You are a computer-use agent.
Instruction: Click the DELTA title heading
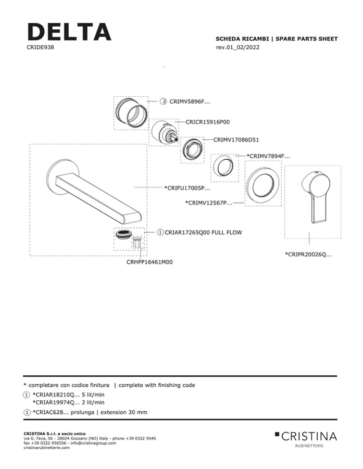[x=69, y=32]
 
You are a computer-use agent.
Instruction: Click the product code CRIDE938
[x=40, y=47]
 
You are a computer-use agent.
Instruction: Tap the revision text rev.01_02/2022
[x=237, y=47]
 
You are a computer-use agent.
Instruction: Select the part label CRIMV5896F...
[x=190, y=102]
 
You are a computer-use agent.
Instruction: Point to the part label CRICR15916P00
[x=208, y=122]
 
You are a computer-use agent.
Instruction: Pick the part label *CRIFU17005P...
[x=186, y=187]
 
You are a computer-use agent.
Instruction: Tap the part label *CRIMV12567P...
[x=208, y=202]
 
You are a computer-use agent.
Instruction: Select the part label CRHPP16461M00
[x=149, y=262]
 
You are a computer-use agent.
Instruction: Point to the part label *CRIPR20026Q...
[x=308, y=255]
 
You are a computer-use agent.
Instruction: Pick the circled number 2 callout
[x=163, y=102]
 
